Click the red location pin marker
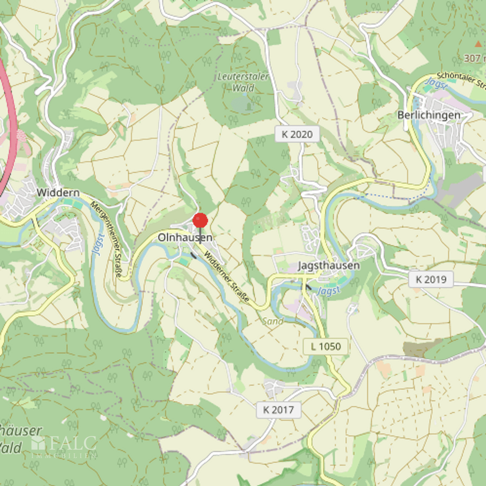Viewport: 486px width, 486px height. [x=200, y=221]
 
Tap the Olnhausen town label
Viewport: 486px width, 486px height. [x=185, y=238]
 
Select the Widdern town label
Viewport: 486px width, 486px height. [x=58, y=193]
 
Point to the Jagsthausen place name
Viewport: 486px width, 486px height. [x=329, y=266]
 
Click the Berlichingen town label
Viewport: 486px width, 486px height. [x=429, y=115]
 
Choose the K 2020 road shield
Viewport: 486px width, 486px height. [x=297, y=134]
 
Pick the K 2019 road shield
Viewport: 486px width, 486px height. [x=431, y=279]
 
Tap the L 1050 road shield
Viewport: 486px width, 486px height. [x=326, y=347]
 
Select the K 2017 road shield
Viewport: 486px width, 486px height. [x=278, y=410]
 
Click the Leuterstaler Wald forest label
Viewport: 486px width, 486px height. [x=243, y=82]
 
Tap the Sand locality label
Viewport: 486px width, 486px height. [x=273, y=321]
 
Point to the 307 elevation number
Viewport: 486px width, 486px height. [x=473, y=58]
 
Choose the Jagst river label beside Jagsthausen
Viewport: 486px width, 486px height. [x=328, y=291]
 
